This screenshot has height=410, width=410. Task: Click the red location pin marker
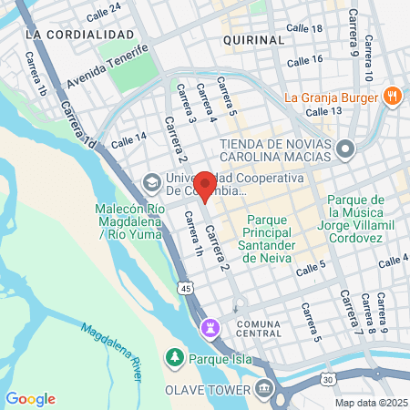[x=205, y=185]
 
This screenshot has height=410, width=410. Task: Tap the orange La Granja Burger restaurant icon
[x=392, y=94]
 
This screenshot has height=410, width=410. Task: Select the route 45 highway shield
[x=185, y=288]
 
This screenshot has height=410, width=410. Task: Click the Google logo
[x=30, y=398]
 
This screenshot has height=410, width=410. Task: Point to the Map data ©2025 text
[x=371, y=403]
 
